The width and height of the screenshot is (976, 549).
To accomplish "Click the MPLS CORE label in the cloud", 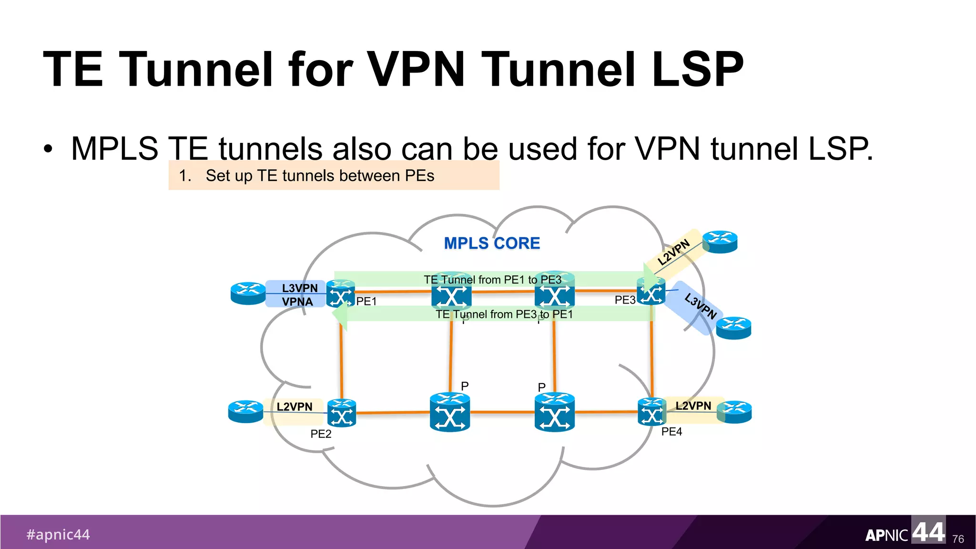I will click(x=492, y=243).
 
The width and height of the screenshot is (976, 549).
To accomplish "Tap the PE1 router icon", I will click(x=341, y=294).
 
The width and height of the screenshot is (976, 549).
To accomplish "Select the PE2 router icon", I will click(x=342, y=413).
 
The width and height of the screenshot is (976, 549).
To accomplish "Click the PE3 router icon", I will click(x=651, y=291).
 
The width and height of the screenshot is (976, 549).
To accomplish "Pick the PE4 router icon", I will click(x=651, y=412).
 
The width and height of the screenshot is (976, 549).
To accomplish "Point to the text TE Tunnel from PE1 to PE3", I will click(x=492, y=280).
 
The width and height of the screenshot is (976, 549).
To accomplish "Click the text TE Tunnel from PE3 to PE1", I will click(x=504, y=315).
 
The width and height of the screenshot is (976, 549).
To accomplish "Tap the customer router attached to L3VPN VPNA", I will click(x=248, y=293).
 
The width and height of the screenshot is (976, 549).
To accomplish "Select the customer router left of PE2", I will click(x=245, y=411).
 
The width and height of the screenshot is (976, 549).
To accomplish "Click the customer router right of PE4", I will click(x=734, y=412).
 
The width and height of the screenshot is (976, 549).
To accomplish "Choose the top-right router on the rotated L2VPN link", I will click(x=720, y=242).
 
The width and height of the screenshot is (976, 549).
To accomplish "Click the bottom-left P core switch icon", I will click(x=450, y=412).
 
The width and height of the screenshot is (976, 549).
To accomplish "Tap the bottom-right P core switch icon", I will click(x=554, y=412).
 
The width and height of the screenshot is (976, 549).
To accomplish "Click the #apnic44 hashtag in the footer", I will click(x=58, y=534).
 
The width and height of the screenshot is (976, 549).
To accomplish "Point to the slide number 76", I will click(x=958, y=539).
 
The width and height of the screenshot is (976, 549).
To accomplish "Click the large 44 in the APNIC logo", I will click(x=928, y=531).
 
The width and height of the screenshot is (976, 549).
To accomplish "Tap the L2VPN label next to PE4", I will click(x=693, y=406).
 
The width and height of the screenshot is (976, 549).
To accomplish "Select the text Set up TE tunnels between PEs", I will click(x=319, y=176).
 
